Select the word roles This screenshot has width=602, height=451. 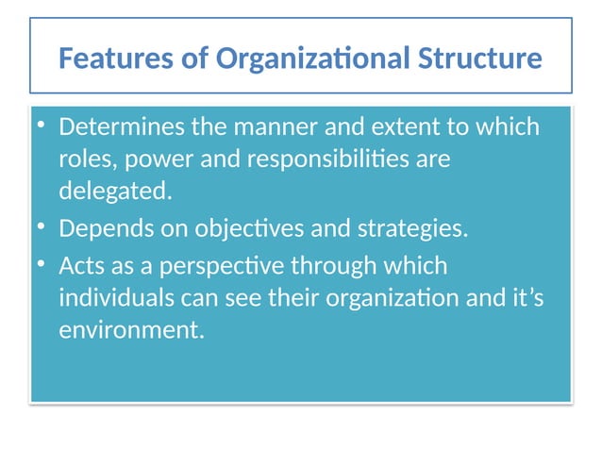pyautogui.click(x=83, y=159)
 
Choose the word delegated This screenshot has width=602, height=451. pyautogui.click(x=116, y=192)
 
